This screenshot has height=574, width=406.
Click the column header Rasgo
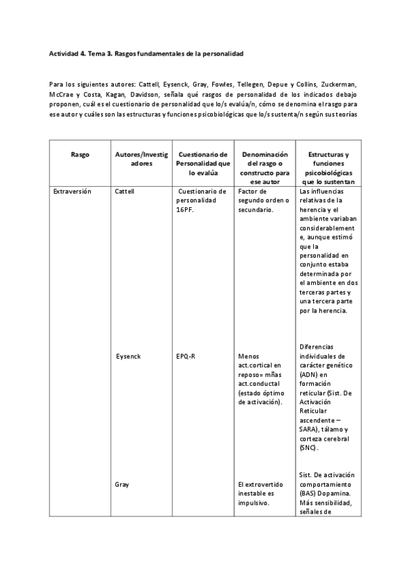click(79, 154)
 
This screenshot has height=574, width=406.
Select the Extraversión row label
click(73, 192)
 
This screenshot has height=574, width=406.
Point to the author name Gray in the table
click(123, 485)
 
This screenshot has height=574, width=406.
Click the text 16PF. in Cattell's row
click(185, 210)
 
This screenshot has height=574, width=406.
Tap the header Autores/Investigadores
click(138, 158)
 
